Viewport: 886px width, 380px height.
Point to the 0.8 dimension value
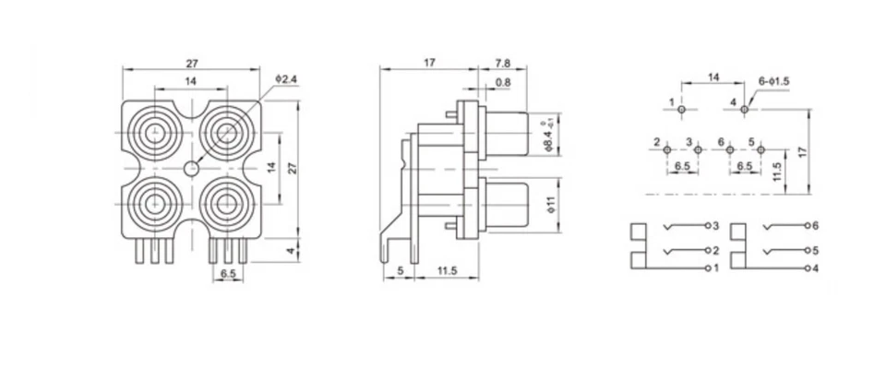pyautogui.click(x=503, y=83)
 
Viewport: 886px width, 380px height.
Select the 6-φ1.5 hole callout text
pyautogui.click(x=773, y=81)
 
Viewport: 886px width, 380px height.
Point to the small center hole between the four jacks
pyautogui.click(x=191, y=169)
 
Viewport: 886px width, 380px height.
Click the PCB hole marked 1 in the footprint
pyautogui.click(x=681, y=110)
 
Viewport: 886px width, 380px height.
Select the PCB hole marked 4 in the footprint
pyautogui.click(x=744, y=110)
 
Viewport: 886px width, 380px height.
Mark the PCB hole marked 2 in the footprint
pyautogui.click(x=666, y=149)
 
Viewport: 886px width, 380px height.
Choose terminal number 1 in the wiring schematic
pyautogui.click(x=709, y=268)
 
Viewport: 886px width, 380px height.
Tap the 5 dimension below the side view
pyautogui.click(x=399, y=270)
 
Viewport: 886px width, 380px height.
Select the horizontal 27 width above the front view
pyautogui.click(x=191, y=64)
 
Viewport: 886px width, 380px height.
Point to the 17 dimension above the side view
pyautogui.click(x=429, y=64)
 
